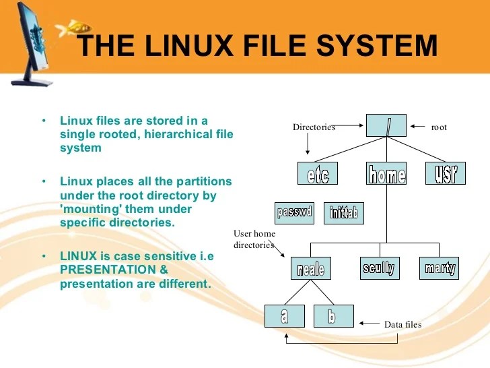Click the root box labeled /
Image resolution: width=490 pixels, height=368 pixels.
pyautogui.click(x=387, y=125)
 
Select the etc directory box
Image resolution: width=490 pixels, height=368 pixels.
pyautogui.click(x=318, y=174)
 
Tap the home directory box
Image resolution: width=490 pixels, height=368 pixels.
pyautogui.click(x=387, y=174)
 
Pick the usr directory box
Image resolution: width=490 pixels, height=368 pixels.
pyautogui.click(x=446, y=173)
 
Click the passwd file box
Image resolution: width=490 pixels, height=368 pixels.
pyautogui.click(x=295, y=213)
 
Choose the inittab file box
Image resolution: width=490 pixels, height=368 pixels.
pyautogui.click(x=344, y=214)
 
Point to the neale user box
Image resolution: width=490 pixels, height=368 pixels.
pyautogui.click(x=311, y=268)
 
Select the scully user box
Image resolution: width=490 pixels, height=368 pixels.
pyautogui.click(x=378, y=268)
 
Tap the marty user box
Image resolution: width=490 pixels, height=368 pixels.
pyautogui.click(x=440, y=268)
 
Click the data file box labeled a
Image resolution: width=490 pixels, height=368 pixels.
pyautogui.click(x=285, y=315)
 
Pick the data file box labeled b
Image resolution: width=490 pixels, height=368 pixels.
pyautogui.click(x=332, y=315)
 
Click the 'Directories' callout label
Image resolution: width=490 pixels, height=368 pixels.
pyautogui.click(x=314, y=127)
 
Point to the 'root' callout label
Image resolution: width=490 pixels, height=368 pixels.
pyautogui.click(x=439, y=127)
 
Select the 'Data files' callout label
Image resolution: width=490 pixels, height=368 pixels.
pyautogui.click(x=403, y=325)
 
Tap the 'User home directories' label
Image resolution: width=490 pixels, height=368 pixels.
pyautogui.click(x=254, y=239)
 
